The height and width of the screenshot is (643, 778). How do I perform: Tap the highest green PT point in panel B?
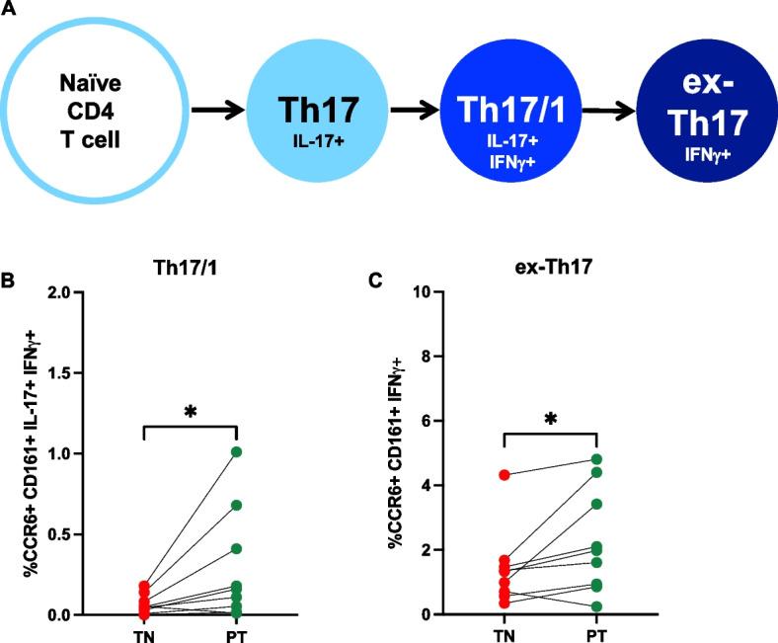click(x=236, y=452)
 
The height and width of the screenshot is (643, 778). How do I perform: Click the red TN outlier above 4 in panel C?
click(x=505, y=475)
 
